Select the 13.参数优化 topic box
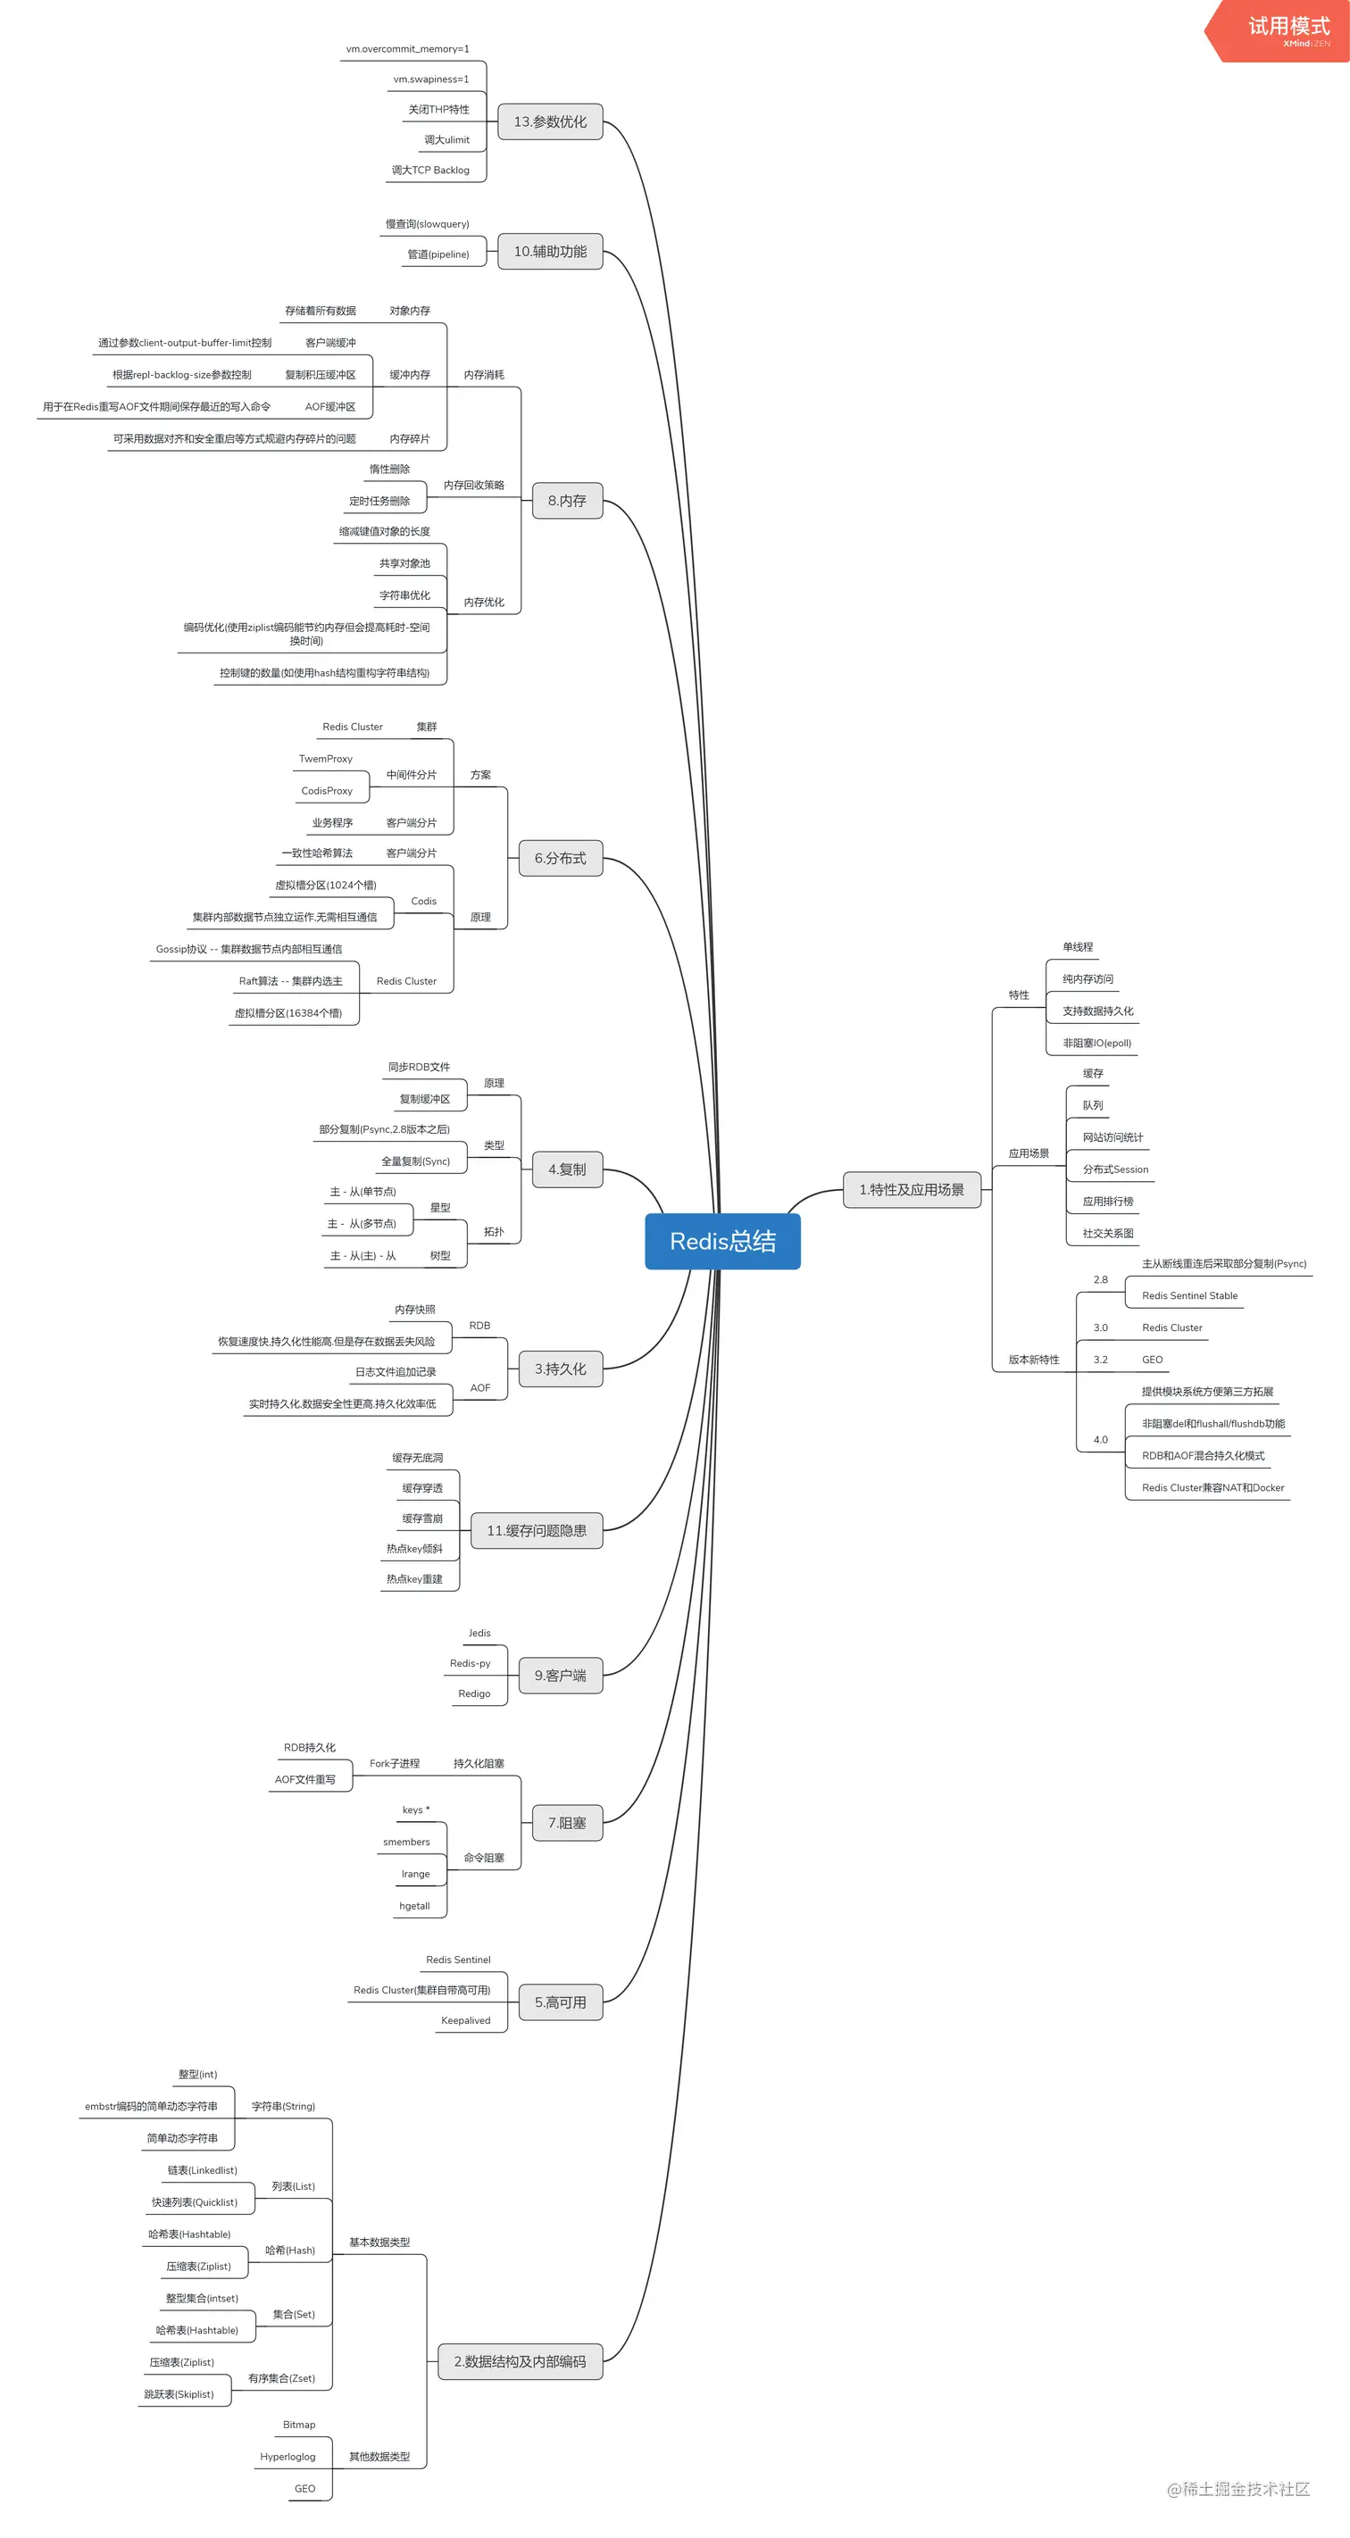tap(550, 121)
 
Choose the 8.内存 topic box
tap(567, 501)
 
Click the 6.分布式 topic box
tap(560, 858)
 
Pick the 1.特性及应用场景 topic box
tap(912, 1189)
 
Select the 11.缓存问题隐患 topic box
tap(536, 1530)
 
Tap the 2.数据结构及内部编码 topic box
tap(520, 2361)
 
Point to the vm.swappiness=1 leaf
tap(430, 79)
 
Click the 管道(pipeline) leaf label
tap(437, 254)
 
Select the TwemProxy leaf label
tap(325, 759)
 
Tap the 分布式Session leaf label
tap(1115, 1169)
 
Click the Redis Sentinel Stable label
tap(1189, 1295)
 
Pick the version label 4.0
tap(1100, 1439)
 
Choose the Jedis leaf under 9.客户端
tap(479, 1633)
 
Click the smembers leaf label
tap(406, 1842)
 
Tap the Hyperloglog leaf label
tap(287, 2456)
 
